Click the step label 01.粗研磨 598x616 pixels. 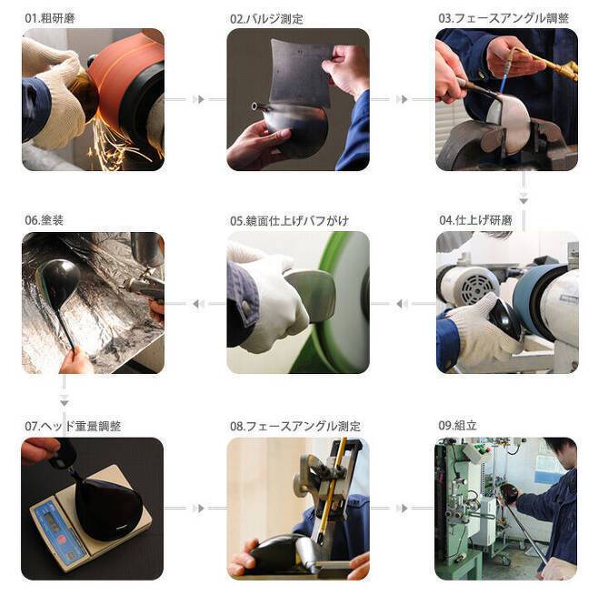click(49, 18)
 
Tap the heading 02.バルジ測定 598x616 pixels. click(266, 19)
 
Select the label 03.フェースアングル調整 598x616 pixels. click(503, 18)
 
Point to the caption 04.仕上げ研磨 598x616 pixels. click(475, 220)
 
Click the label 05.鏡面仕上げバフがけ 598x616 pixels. click(289, 221)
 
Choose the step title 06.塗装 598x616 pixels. click(44, 220)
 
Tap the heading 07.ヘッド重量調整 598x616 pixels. click(73, 426)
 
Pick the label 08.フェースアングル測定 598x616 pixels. click(295, 426)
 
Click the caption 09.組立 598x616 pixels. click(457, 425)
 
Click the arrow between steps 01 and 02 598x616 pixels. click(195, 99)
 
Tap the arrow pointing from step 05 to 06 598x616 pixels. click(195, 304)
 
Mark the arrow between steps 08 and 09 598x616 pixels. click(403, 508)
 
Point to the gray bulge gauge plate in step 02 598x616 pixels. click(300, 73)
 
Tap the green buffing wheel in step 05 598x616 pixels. click(337, 314)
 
